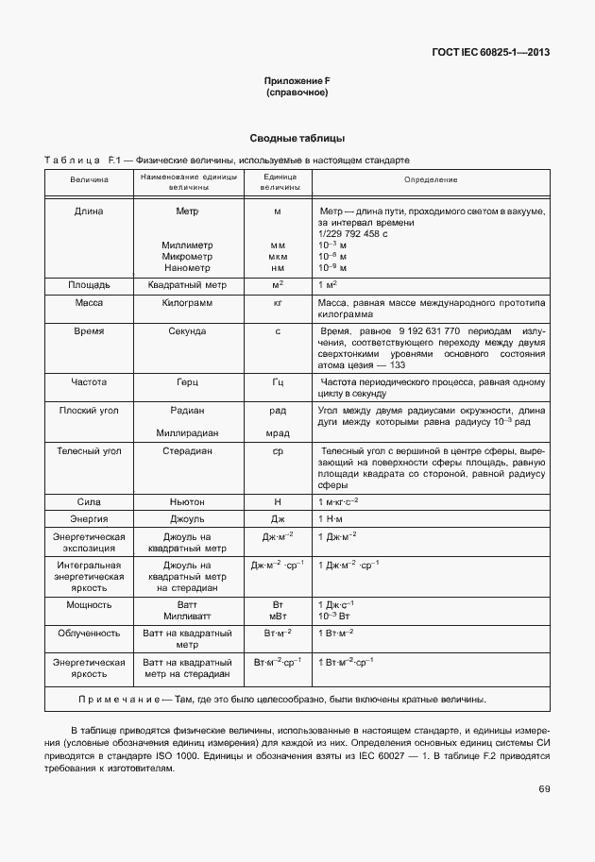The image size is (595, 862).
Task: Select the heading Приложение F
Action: pyautogui.click(x=297, y=82)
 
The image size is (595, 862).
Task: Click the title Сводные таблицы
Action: pyautogui.click(x=297, y=139)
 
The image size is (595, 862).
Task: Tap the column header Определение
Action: pyautogui.click(x=431, y=179)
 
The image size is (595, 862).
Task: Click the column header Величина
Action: pyautogui.click(x=89, y=179)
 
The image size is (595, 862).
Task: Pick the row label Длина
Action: pyautogui.click(x=89, y=211)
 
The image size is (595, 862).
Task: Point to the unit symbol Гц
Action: pyautogui.click(x=278, y=383)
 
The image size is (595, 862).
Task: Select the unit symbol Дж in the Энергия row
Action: pyautogui.click(x=278, y=519)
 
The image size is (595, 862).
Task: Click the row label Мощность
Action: pyautogui.click(x=89, y=604)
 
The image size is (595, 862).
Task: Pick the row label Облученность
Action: pyautogui.click(x=89, y=634)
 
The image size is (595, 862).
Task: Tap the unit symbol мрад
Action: pyautogui.click(x=278, y=433)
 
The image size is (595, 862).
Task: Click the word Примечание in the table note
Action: pyautogui.click(x=119, y=700)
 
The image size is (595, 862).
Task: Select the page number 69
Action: pyautogui.click(x=544, y=789)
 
